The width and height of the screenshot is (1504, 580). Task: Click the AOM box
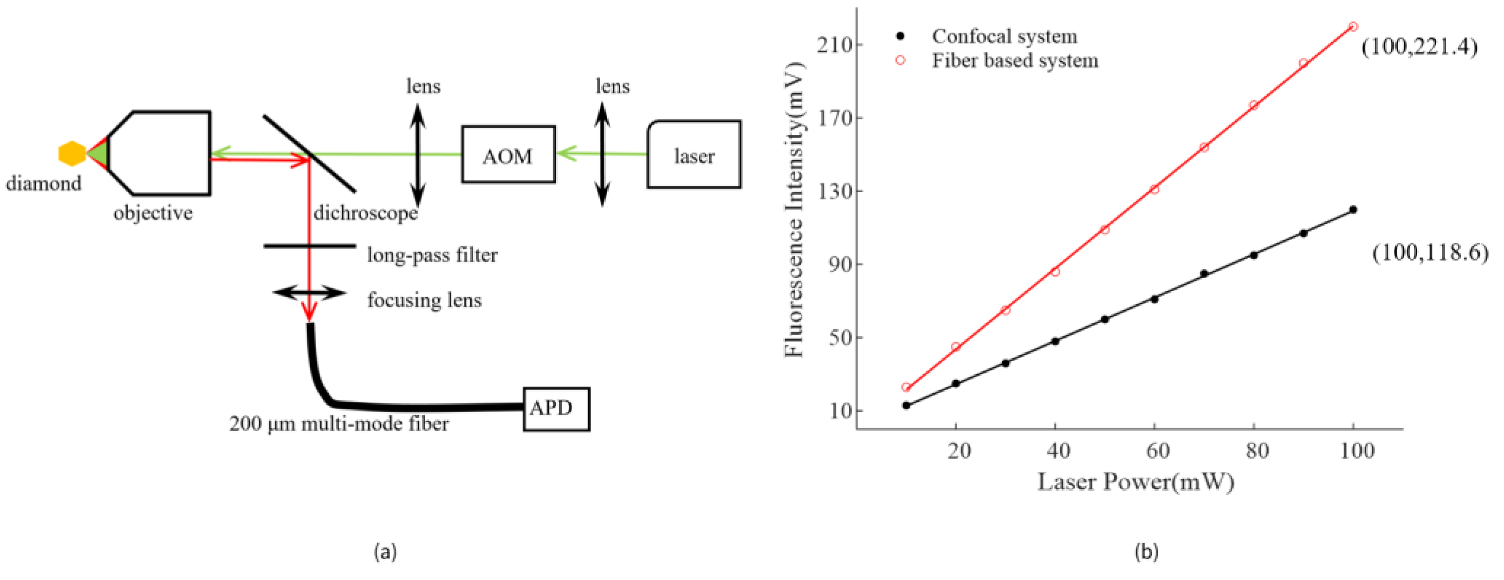click(x=508, y=155)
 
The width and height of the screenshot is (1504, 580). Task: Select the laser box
click(x=694, y=155)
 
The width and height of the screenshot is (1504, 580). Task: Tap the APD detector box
click(x=555, y=409)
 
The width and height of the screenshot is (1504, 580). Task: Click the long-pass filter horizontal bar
click(x=310, y=246)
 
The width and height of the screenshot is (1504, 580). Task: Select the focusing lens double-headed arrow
click(x=310, y=293)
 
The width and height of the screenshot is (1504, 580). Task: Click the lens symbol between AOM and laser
click(x=602, y=155)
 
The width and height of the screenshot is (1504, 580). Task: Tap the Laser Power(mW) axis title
click(x=1136, y=482)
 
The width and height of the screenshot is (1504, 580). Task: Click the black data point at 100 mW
click(x=1353, y=210)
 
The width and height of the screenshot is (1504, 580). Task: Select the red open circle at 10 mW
click(x=906, y=387)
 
